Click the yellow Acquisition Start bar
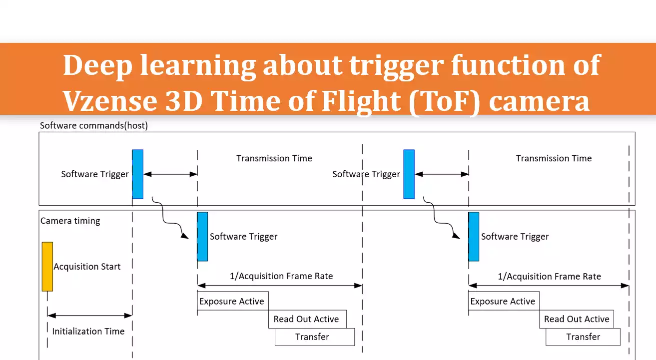[47, 266]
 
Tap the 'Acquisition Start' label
[87, 267]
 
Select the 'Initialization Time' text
[88, 331]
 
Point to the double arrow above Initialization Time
[89, 315]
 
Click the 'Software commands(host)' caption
[94, 126]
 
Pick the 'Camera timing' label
[70, 221]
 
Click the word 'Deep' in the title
[97, 65]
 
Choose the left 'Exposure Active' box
[232, 301]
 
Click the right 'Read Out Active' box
[576, 319]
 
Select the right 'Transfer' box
[583, 337]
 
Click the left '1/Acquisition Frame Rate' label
[281, 276]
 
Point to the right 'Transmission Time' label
[554, 158]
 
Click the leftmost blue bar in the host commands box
[138, 174]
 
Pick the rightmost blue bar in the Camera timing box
[474, 236]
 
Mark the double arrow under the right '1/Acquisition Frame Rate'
[549, 286]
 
